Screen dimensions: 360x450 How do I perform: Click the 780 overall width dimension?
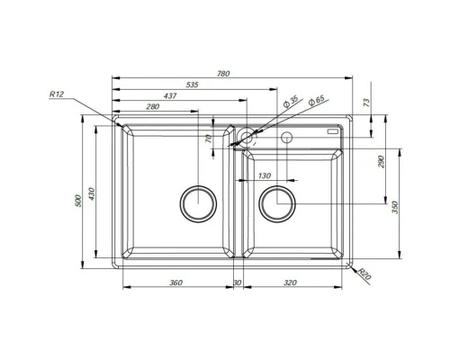[235, 73]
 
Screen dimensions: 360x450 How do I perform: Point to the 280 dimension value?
[152, 107]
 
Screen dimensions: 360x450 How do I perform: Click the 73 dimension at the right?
[367, 103]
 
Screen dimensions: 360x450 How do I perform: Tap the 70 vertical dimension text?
[207, 139]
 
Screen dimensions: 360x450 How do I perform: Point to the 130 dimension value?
[264, 175]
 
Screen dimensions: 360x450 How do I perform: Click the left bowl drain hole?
[197, 203]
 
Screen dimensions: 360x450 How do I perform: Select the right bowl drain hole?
[275, 203]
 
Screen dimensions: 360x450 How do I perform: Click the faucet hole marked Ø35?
[245, 138]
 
